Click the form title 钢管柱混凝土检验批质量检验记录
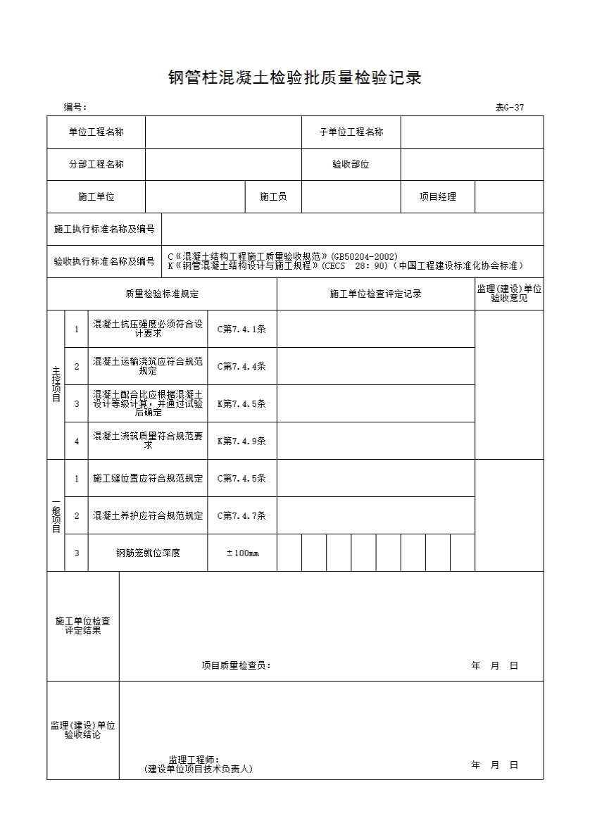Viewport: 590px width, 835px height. (294, 78)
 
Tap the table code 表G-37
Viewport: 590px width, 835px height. (509, 108)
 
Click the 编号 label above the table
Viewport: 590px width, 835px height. (75, 108)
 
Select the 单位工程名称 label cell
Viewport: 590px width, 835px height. (96, 132)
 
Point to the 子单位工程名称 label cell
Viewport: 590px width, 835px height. (351, 132)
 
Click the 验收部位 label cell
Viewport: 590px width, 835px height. (351, 165)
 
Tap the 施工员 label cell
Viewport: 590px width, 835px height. (273, 197)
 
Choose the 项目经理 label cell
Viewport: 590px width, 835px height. (438, 197)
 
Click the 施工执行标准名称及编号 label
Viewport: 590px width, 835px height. (104, 230)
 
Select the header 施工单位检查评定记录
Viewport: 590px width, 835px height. (375, 294)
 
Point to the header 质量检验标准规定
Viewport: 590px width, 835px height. (162, 294)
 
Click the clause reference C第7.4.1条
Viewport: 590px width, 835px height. (241, 329)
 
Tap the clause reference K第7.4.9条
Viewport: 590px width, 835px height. (241, 441)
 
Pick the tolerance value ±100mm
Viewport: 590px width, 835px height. (242, 553)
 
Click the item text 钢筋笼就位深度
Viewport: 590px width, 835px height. (148, 553)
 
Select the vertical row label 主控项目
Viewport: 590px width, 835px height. (56, 384)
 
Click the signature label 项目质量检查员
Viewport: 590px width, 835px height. (236, 665)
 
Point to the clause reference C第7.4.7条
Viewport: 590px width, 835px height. (241, 515)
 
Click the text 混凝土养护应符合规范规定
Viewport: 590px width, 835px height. (148, 515)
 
